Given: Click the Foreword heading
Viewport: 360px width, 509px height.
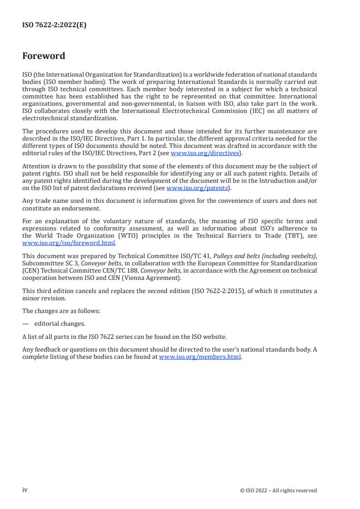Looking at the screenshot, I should coord(44,56).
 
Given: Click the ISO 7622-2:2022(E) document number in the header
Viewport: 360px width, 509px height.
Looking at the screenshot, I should coord(54,25).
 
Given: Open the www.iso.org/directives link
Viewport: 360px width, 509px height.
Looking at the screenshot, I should coord(205,153).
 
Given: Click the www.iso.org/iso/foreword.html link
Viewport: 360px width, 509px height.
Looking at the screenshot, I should coord(69,243).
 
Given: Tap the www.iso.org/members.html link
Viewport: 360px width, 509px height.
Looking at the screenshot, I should coord(200,357).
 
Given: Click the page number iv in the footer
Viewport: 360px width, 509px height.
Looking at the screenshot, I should coord(25,490).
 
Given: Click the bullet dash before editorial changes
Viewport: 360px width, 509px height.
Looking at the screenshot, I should coord(25,324).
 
